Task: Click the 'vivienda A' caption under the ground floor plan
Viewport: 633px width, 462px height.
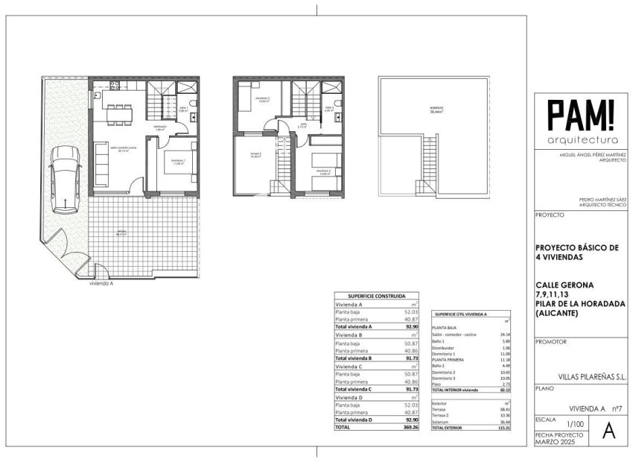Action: click(x=102, y=284)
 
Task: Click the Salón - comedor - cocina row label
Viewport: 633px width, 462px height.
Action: click(x=454, y=335)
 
